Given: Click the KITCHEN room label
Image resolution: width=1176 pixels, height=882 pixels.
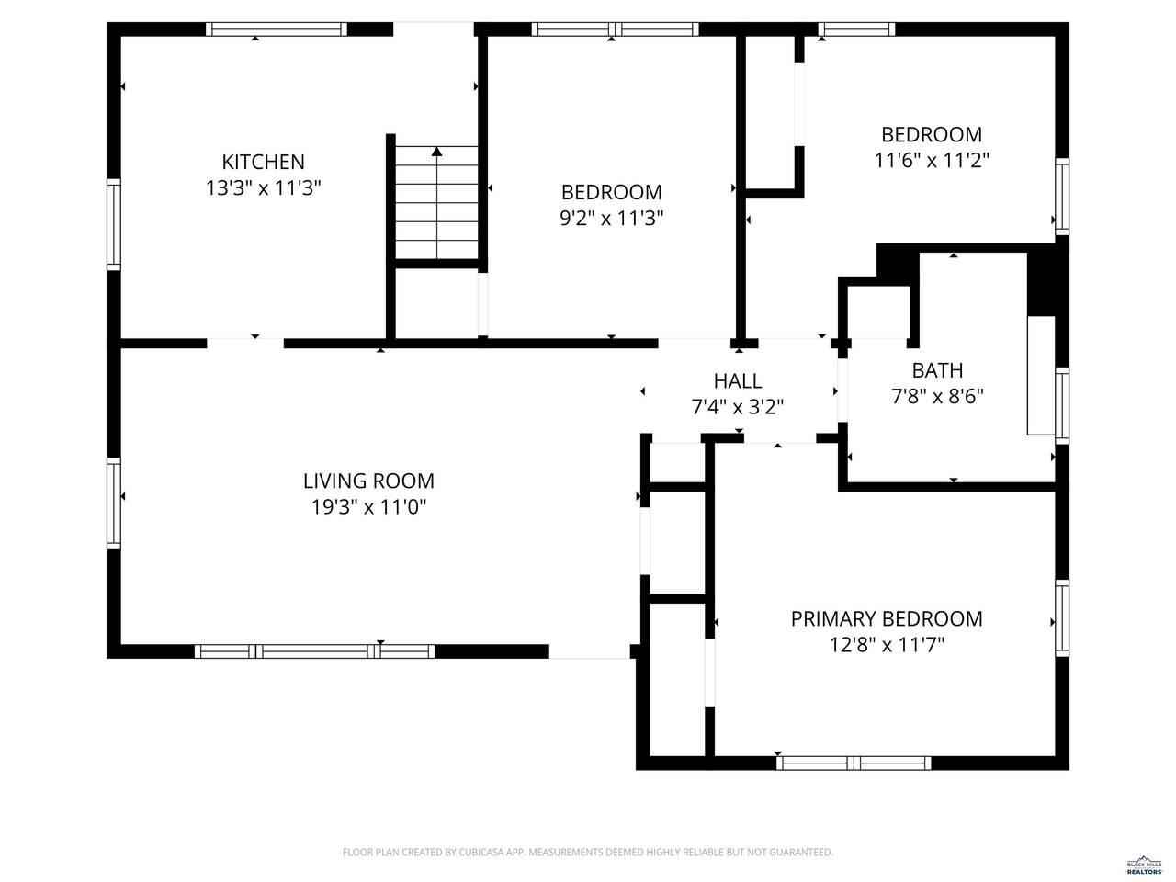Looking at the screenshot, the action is coord(263,162).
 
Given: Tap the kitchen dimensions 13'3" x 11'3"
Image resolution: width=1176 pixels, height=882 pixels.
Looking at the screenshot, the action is coord(263,188).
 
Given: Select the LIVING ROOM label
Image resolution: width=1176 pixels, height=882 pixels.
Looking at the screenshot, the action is coord(368,481).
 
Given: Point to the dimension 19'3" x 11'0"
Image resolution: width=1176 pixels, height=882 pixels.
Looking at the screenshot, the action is coord(368,506).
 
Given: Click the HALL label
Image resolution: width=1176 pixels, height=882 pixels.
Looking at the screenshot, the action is coord(737,381).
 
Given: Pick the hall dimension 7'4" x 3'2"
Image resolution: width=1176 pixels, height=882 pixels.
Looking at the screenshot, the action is coord(737,408).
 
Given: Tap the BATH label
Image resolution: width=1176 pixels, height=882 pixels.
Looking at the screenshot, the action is coord(937,370).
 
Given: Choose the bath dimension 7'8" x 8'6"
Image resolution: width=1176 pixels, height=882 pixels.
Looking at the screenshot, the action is coord(937,397).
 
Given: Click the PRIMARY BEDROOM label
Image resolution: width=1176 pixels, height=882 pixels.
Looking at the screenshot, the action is coord(887,619).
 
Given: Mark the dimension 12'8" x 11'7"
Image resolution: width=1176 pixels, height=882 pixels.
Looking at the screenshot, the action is coord(887,645).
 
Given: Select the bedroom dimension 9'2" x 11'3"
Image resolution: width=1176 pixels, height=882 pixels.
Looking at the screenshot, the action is coord(611,219).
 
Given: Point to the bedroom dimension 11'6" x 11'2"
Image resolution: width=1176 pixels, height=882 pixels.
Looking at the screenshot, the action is coord(932,160).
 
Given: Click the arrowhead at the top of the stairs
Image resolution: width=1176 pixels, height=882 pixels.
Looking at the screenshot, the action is coord(436,152).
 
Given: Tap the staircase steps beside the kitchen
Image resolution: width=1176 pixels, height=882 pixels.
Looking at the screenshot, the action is coord(436,202).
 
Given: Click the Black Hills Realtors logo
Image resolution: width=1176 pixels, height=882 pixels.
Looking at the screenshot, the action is coord(1145,865).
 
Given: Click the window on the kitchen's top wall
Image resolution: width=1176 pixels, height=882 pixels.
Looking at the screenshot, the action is coord(277,28).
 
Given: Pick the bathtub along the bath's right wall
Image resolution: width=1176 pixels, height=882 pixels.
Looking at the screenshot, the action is coord(1041,376).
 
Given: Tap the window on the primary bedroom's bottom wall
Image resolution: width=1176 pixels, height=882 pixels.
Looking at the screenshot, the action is coord(854,763).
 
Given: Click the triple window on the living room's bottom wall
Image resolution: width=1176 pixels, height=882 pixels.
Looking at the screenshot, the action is coord(314,651).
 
